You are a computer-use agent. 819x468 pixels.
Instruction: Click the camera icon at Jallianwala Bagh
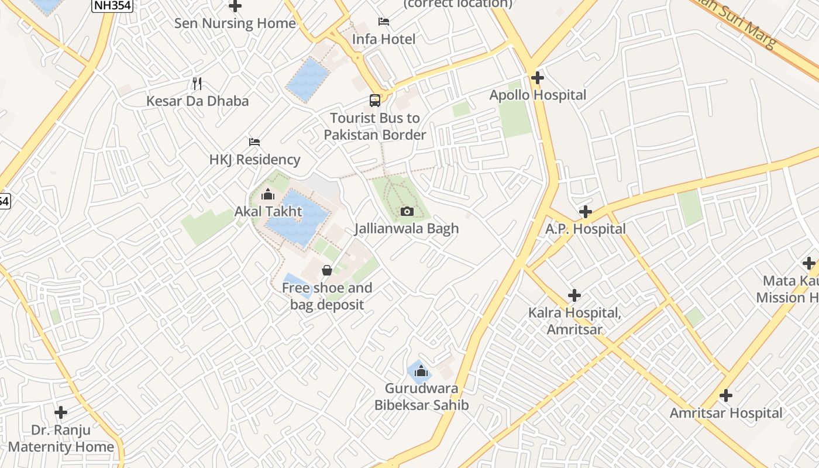point(407,211)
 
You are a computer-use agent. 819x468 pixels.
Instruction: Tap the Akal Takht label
point(269,211)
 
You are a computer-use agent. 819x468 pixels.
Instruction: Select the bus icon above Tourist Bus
point(375,100)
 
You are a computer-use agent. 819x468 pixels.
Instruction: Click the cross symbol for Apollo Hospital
point(537,77)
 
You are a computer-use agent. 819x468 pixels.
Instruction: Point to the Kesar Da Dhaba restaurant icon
point(197,84)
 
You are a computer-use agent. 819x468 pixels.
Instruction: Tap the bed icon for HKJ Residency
point(254,142)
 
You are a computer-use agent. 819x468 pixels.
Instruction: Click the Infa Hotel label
point(384,39)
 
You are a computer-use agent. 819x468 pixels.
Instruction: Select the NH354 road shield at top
point(112,6)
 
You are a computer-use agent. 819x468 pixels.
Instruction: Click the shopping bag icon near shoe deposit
point(327,270)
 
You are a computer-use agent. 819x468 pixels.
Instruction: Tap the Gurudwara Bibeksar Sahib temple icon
point(421,371)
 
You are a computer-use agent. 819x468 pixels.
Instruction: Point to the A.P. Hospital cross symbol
point(586,212)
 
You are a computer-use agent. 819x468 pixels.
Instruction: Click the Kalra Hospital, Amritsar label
point(574,321)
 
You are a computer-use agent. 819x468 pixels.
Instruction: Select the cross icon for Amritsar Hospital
point(726,395)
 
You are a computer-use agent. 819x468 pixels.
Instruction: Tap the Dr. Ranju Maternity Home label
point(61,438)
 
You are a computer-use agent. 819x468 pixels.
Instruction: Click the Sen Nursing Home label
point(235,23)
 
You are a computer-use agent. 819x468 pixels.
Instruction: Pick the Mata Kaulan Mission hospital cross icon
point(809,263)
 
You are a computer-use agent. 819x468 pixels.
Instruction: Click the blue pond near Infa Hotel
point(308,80)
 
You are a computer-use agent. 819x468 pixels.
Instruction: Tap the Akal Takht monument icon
point(269,194)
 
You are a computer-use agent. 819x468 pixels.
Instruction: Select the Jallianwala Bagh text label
point(407,228)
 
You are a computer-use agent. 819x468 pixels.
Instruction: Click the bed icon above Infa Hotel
point(384,22)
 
